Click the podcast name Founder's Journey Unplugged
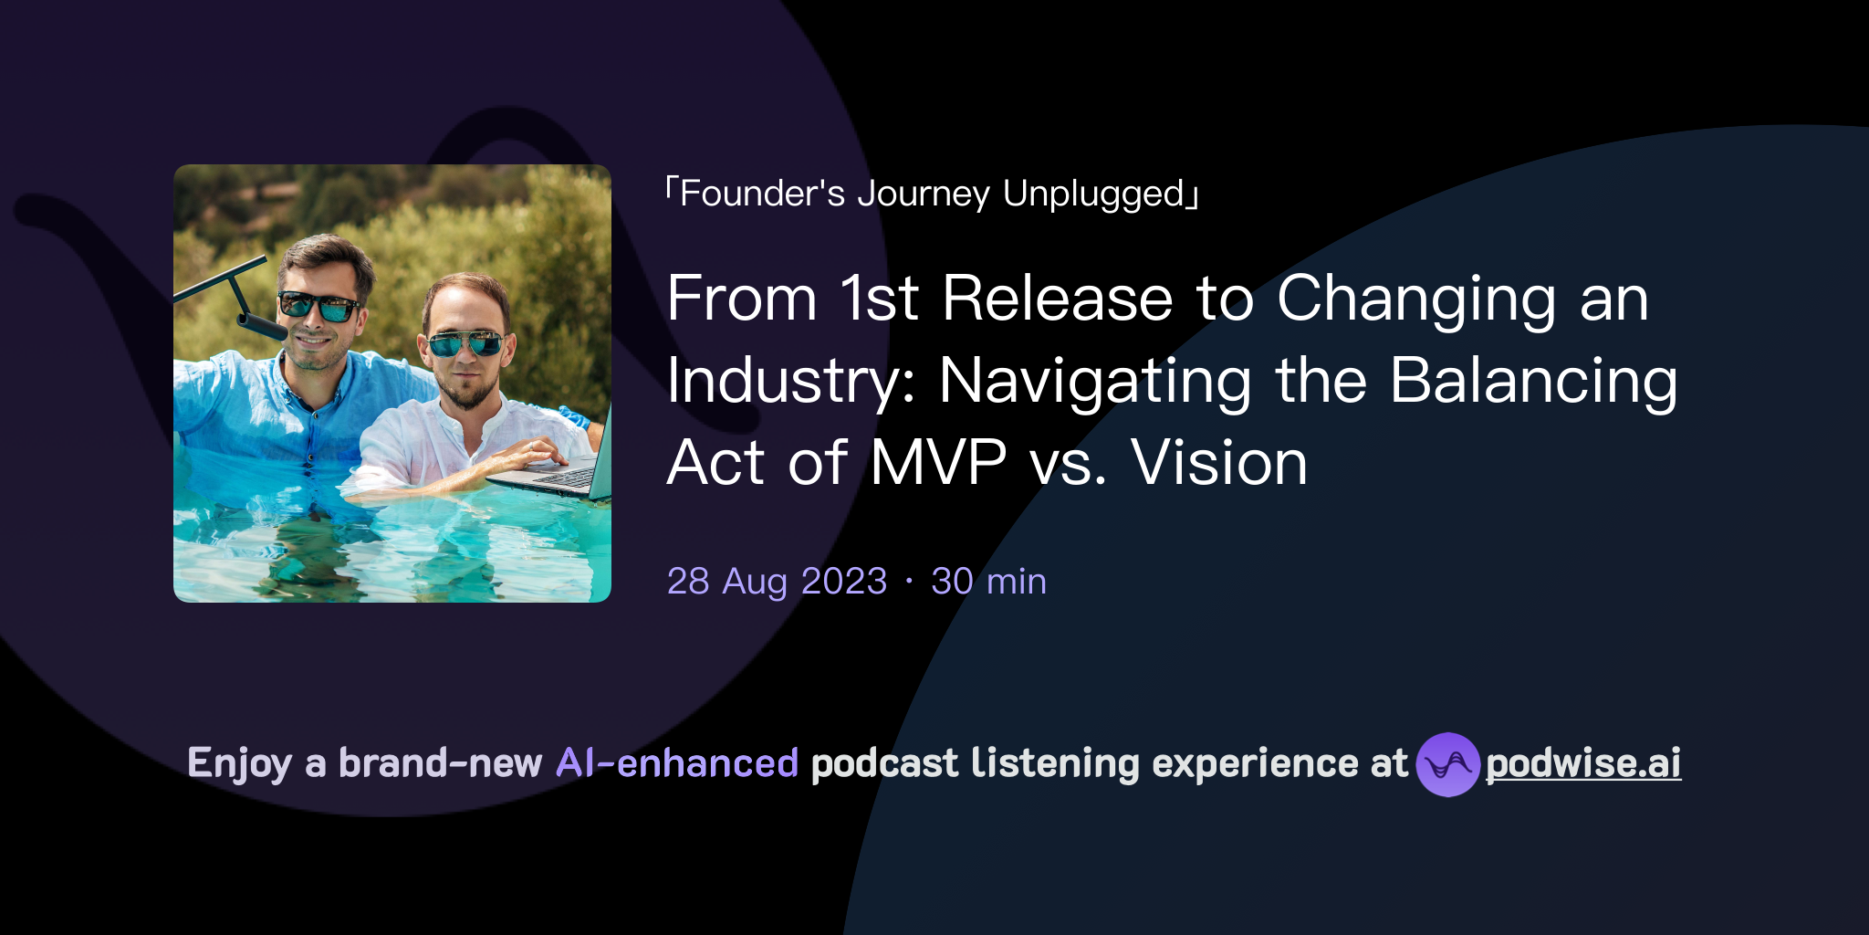click(931, 194)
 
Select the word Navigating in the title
click(1095, 381)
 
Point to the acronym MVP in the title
click(937, 463)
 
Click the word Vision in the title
click(1219, 463)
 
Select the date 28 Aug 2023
click(777, 582)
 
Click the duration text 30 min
click(988, 582)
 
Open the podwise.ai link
click(1583, 763)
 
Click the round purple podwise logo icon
click(1447, 764)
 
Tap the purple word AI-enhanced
click(677, 763)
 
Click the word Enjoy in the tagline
click(239, 763)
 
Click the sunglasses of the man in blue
click(318, 306)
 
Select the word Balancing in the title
click(1533, 381)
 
